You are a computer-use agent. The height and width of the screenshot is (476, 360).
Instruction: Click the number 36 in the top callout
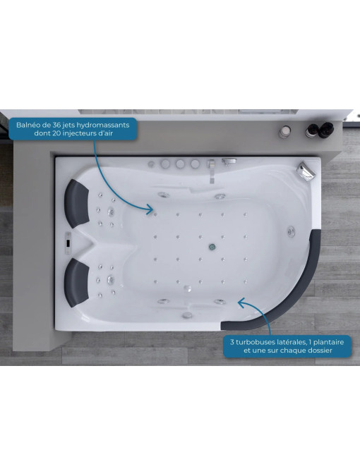pyautogui.click(x=56, y=125)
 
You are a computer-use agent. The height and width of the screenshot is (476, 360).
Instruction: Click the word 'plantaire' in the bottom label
pyautogui.click(x=329, y=343)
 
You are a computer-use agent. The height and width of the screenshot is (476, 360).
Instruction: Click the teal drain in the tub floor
pyautogui.click(x=212, y=247)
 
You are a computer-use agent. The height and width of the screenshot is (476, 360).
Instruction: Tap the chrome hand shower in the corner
pyautogui.click(x=306, y=171)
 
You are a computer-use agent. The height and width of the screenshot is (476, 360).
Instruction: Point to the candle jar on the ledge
pyautogui.click(x=285, y=132)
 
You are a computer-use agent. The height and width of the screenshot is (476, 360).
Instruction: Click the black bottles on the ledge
pyautogui.click(x=319, y=130)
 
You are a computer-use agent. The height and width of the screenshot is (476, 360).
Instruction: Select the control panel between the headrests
pyautogui.click(x=68, y=243)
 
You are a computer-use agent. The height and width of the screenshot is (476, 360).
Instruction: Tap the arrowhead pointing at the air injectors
pyautogui.click(x=149, y=209)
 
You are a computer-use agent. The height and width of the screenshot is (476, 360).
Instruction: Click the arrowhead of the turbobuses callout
pyautogui.click(x=241, y=302)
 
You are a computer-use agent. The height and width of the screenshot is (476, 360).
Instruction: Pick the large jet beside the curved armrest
pyautogui.click(x=291, y=231)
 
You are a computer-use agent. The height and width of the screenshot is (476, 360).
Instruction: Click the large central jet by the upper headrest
pyautogui.click(x=111, y=212)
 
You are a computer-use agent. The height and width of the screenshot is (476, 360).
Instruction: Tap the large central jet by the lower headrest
pyautogui.click(x=111, y=279)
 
